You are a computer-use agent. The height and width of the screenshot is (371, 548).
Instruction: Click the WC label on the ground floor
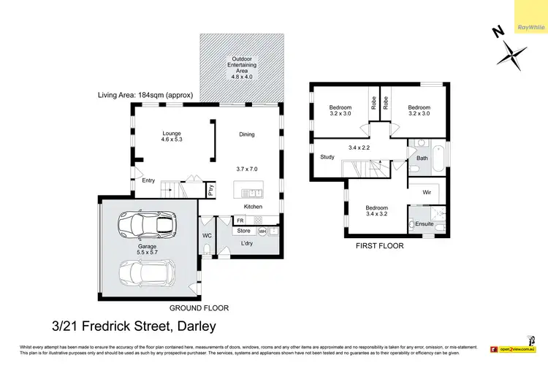coord(207,236)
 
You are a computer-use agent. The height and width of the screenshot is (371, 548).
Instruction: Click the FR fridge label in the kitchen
coord(240,221)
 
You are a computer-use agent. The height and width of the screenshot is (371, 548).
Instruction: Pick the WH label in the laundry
coord(262,232)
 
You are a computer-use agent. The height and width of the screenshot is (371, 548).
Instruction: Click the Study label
coord(327,157)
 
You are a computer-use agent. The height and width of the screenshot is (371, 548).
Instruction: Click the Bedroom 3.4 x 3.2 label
coord(378,212)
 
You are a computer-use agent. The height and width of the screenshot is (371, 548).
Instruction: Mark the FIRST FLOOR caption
coord(379,246)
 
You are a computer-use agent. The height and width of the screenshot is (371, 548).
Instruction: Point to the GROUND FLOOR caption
coord(199,307)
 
